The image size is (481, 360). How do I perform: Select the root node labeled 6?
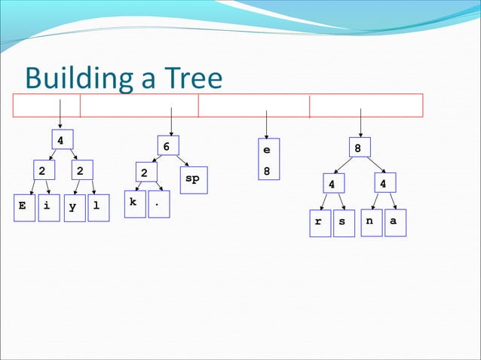pyautogui.click(x=167, y=146)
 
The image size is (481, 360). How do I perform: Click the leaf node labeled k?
pyautogui.click(x=134, y=203)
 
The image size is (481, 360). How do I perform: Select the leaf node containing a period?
pyautogui.click(x=158, y=203)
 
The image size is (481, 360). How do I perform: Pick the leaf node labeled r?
pyautogui.click(x=320, y=222)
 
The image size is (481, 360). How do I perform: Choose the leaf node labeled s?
pyautogui.click(x=343, y=222)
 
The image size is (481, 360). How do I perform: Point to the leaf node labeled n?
pyautogui.click(x=370, y=221)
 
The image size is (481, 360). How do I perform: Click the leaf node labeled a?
pyautogui.click(x=394, y=221)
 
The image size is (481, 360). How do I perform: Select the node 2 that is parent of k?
pyautogui.click(x=144, y=174)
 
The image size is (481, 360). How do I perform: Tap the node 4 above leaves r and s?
pyautogui.click(x=332, y=185)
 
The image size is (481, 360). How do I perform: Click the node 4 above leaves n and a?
pyautogui.click(x=384, y=184)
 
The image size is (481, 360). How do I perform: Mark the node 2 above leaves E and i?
pyautogui.click(x=43, y=171)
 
